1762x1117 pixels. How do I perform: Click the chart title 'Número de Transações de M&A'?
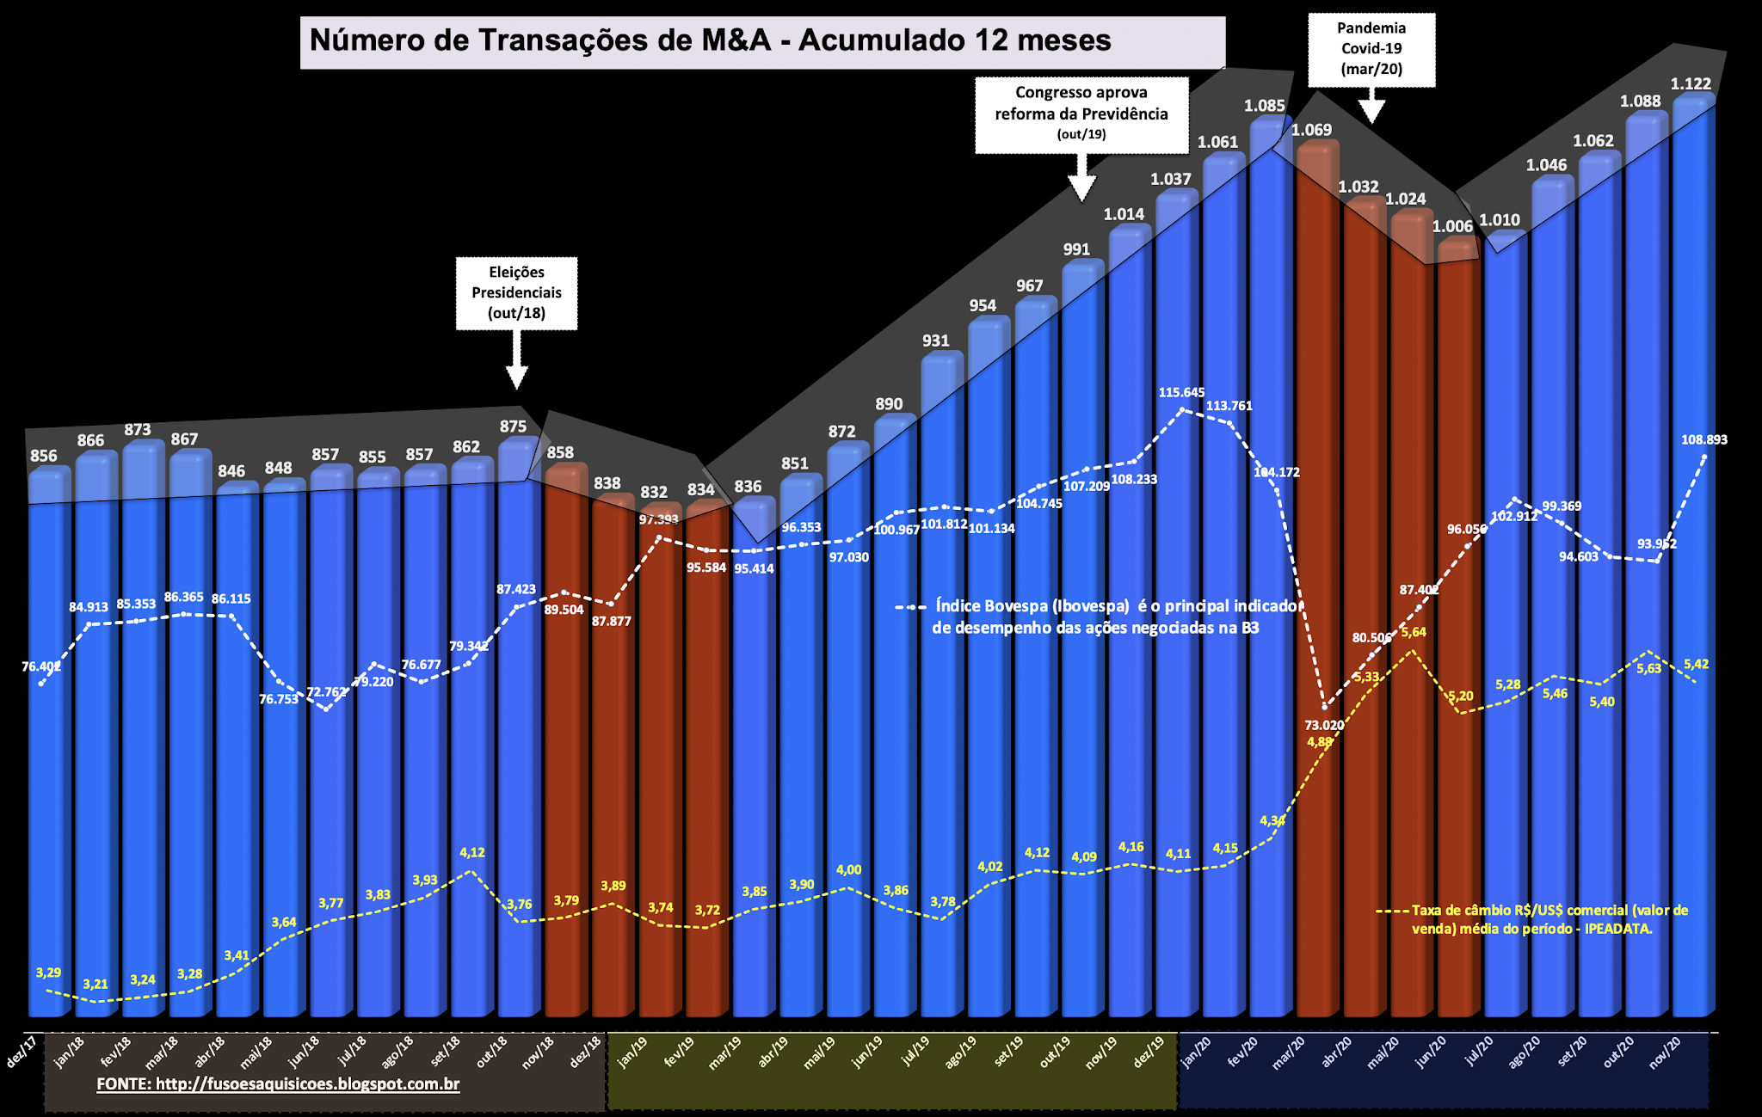coord(711,40)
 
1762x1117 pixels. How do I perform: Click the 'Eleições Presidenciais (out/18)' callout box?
coord(516,292)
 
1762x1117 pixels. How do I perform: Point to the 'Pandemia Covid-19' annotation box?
coord(1371,49)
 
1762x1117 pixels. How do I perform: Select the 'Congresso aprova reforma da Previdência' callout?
coord(1081,114)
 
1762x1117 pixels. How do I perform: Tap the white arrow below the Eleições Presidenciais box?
coord(516,362)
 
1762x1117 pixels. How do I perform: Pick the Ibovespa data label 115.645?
coord(1181,392)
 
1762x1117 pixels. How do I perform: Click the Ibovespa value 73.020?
coord(1324,725)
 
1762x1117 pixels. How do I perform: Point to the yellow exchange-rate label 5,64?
coord(1414,632)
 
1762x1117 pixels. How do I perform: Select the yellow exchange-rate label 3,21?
coord(95,984)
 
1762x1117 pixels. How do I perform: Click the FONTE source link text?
coord(278,1083)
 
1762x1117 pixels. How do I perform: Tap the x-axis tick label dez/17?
coord(22,1053)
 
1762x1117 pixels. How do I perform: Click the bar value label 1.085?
coord(1264,106)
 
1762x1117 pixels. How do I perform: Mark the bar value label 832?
coord(654,492)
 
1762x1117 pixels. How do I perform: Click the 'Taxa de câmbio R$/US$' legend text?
coord(1549,919)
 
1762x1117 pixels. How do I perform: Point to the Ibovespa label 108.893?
coord(1703,439)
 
